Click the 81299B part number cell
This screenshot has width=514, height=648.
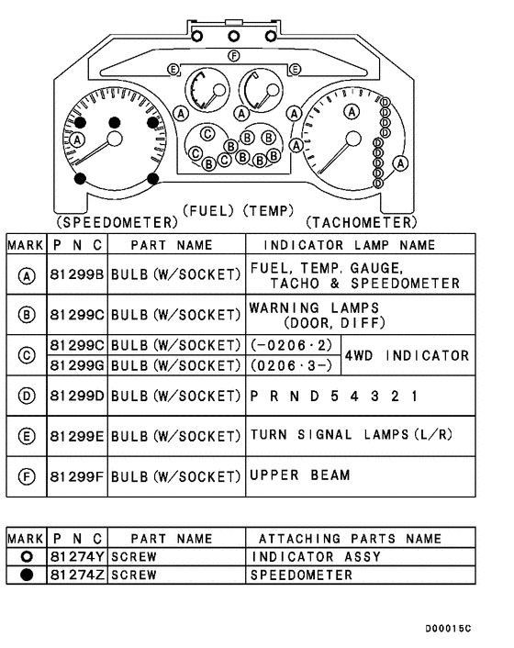tap(77, 274)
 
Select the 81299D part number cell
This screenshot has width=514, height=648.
tap(77, 397)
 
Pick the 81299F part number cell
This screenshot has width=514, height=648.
tap(77, 476)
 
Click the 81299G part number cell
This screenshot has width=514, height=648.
tap(77, 366)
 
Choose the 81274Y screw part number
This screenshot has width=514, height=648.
tap(77, 557)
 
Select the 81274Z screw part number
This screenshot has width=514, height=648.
tap(77, 575)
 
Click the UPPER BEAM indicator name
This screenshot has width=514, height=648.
tap(300, 475)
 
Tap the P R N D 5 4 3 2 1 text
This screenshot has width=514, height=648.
tap(334, 397)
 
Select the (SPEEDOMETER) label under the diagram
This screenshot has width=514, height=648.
tap(117, 222)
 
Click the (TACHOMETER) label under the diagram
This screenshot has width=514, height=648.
tap(360, 222)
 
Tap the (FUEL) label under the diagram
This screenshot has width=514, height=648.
tap(210, 211)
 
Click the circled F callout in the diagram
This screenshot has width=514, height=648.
tap(233, 57)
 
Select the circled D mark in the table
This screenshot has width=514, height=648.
tap(26, 397)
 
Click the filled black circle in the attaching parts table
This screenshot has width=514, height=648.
tap(26, 575)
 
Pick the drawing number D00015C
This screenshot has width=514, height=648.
tap(448, 629)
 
